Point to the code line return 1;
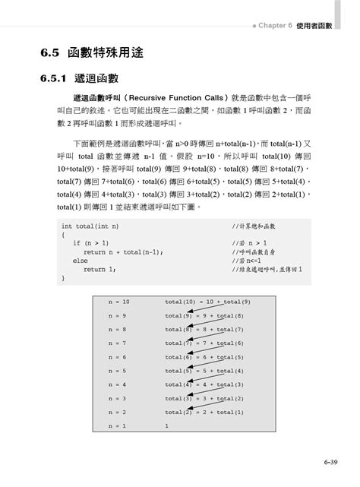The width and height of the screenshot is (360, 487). (99, 269)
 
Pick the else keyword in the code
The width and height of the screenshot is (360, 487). (80, 261)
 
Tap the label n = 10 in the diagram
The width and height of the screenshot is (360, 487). (119, 302)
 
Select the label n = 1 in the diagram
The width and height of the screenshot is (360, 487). (117, 426)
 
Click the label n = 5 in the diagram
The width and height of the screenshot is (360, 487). (117, 371)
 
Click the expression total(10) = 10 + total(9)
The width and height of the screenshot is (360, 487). (207, 302)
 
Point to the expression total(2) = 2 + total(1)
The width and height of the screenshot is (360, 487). (204, 412)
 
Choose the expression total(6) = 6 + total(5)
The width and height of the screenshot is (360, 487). (204, 357)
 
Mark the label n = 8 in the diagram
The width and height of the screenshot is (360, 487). (117, 329)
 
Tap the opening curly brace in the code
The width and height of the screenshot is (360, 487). (63, 235)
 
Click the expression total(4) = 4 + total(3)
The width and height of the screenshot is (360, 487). (204, 384)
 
